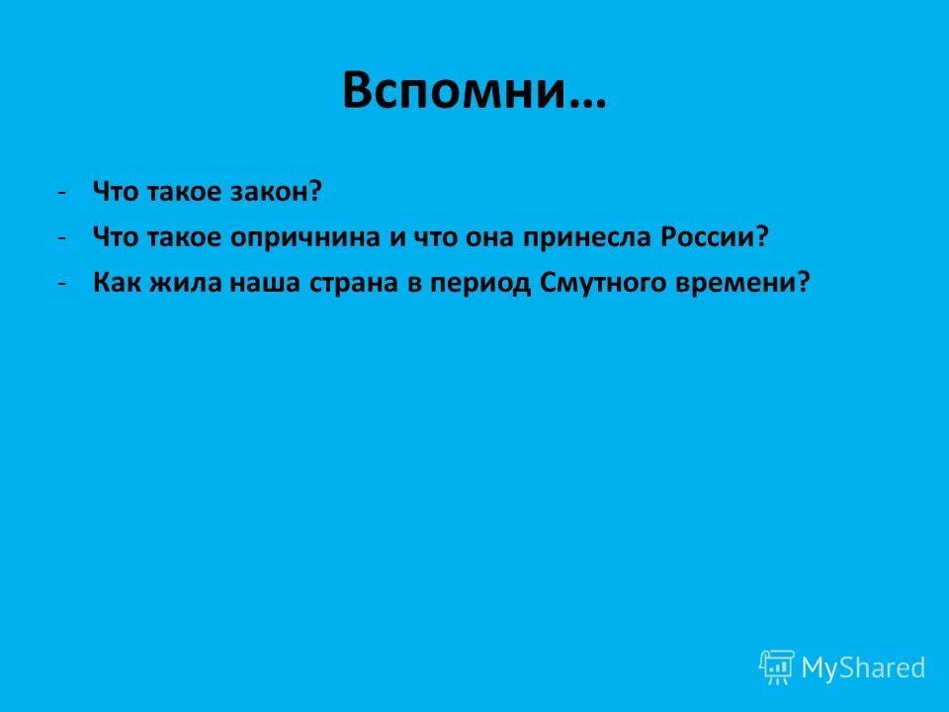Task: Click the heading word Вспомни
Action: click(457, 91)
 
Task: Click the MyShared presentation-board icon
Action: click(777, 667)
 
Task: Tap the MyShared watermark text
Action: click(863, 668)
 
